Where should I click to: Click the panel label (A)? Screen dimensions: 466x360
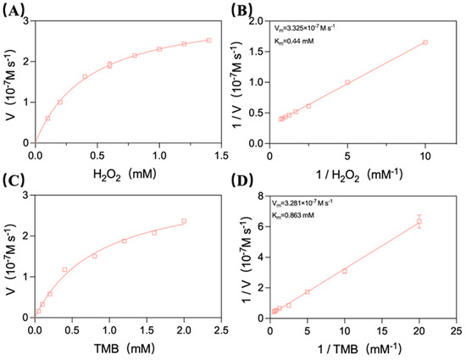pos(13,11)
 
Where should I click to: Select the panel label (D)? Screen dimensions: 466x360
pos(242,181)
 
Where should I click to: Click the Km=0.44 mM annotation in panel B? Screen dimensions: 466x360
pos(294,42)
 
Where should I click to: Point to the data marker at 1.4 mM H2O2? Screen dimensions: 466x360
pos(209,40)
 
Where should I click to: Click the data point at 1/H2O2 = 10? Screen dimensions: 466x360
pos(425,42)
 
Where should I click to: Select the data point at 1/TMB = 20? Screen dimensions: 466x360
pos(419,221)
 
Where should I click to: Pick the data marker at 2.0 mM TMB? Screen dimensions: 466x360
pos(184,221)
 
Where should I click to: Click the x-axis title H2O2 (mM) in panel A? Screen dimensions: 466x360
pos(125,174)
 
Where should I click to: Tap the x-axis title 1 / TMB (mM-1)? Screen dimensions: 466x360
pos(360,348)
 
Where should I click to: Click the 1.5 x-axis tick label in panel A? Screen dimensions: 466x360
pos(221,155)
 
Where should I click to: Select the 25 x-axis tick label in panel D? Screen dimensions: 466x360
pos(456,330)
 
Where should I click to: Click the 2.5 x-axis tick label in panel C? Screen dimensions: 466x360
pos(221,330)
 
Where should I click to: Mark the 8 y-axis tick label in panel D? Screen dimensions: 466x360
pos(261,196)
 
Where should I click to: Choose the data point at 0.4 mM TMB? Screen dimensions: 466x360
pos(64,269)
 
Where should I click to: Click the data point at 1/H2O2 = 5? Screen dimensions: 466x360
pos(347,82)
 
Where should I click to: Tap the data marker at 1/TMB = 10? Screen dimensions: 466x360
pos(345,271)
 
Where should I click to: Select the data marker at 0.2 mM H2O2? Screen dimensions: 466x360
pos(60,102)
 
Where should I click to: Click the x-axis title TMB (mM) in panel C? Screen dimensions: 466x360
pos(125,348)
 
